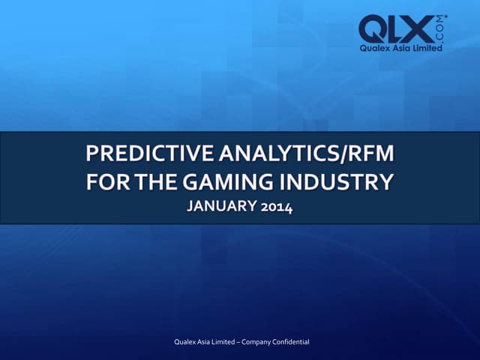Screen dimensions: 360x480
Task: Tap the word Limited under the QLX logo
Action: coord(429,48)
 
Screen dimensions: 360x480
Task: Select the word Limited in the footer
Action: coord(229,342)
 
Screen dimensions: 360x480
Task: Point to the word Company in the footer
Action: coord(264,342)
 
